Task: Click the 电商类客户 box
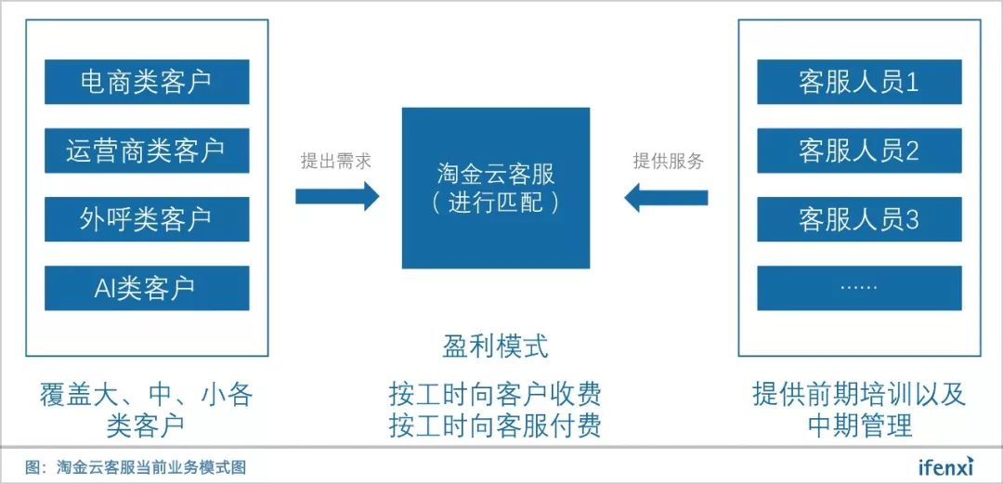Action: click(147, 82)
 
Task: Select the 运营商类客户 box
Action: click(147, 150)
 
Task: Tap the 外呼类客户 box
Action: click(147, 219)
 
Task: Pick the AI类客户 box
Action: click(147, 288)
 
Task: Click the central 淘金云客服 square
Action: click(495, 189)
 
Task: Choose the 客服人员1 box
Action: click(858, 82)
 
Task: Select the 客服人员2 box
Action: click(858, 150)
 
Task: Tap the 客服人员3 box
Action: click(858, 219)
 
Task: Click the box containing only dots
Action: click(858, 288)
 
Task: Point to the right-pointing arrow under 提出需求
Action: click(337, 196)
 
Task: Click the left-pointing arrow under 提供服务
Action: click(666, 197)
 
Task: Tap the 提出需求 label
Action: click(336, 161)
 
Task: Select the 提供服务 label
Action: click(668, 161)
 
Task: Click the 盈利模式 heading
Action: click(495, 347)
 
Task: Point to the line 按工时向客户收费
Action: click(495, 394)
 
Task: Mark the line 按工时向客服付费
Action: click(495, 425)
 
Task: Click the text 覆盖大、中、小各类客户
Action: click(147, 410)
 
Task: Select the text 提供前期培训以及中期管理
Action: click(858, 410)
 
